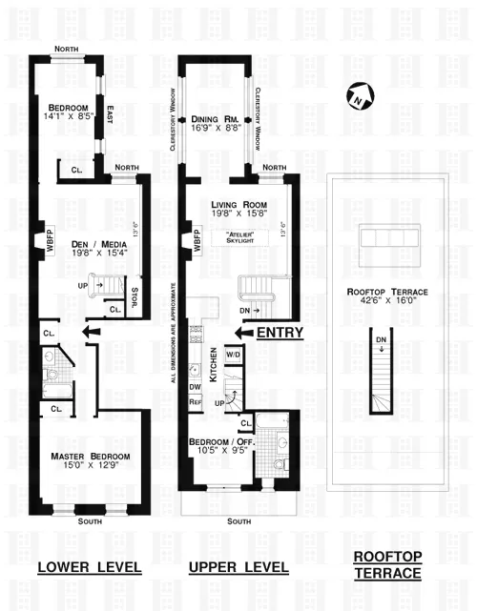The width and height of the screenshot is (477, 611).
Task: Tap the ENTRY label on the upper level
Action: click(x=280, y=333)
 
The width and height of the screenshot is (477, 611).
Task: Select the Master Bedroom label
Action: click(x=91, y=457)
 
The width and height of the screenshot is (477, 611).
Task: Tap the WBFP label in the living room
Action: click(x=197, y=240)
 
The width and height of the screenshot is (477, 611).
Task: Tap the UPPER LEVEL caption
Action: click(x=238, y=568)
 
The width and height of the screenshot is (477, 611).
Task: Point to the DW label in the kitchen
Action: click(x=195, y=387)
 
